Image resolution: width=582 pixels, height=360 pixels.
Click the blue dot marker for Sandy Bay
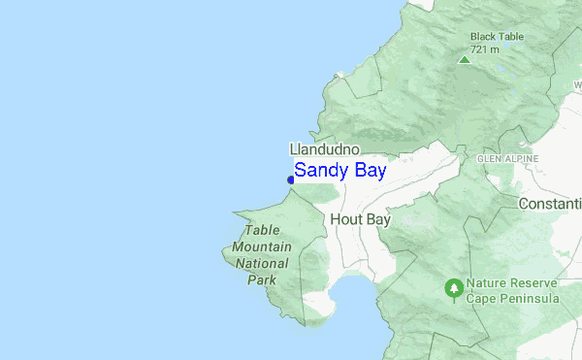(x=291, y=179)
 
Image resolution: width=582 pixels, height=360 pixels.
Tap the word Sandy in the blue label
(x=320, y=172)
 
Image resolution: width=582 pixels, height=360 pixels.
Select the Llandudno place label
(x=325, y=149)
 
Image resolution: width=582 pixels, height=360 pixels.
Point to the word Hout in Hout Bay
(x=345, y=220)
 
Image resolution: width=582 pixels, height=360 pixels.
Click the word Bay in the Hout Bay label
(x=376, y=220)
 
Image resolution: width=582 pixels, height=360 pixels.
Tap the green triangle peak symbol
(x=465, y=59)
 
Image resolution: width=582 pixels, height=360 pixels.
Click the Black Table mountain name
(x=497, y=37)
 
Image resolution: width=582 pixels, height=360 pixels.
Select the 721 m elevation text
(x=485, y=49)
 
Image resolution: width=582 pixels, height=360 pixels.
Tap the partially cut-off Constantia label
(x=550, y=204)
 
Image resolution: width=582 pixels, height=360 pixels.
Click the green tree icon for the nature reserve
(x=453, y=288)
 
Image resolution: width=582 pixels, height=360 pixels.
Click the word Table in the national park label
(x=262, y=230)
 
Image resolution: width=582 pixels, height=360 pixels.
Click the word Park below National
(x=262, y=279)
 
